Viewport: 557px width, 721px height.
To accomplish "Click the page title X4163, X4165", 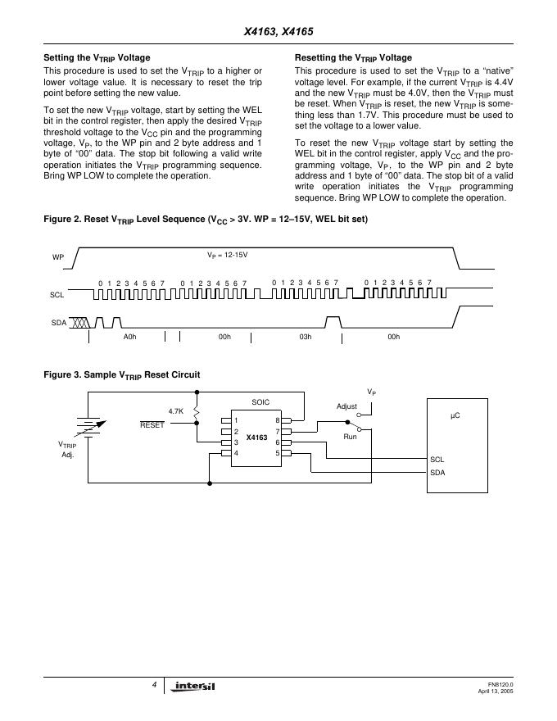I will tap(278, 33).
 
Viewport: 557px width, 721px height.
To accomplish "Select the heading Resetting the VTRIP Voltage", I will tap(353, 58).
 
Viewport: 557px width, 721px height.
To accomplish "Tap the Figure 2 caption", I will tap(205, 220).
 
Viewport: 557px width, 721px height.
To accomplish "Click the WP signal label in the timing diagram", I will tap(58, 257).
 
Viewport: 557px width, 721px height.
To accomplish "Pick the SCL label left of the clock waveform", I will tap(57, 294).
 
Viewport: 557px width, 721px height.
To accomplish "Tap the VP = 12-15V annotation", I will tap(227, 255).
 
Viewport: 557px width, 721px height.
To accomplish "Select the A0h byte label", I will tap(129, 337).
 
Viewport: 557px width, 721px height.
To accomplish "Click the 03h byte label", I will tap(306, 337).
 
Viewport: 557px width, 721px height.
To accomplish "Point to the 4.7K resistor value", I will tap(176, 410).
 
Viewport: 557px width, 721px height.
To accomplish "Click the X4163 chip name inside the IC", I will tap(256, 438).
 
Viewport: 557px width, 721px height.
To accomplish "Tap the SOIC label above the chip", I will tap(260, 402).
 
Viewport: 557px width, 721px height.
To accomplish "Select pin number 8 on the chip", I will tap(278, 420).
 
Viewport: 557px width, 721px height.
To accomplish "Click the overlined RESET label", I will tap(152, 424).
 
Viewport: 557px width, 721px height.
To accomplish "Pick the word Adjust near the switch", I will tap(347, 406).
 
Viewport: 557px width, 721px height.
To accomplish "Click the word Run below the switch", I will tap(350, 437).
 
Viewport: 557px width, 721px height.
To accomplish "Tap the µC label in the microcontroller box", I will tap(455, 416).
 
